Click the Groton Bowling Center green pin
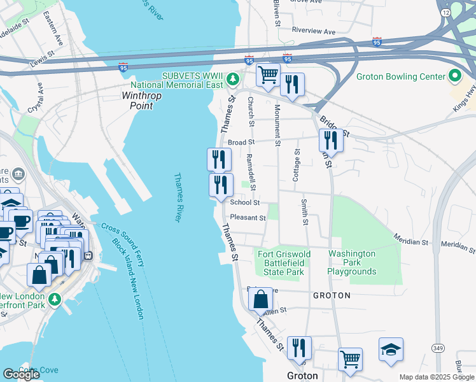[454, 76]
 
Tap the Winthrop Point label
[142, 101]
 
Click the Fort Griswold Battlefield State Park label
[284, 263]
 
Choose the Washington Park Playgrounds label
[351, 262]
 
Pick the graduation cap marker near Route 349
[391, 350]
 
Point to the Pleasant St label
[248, 218]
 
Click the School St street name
[245, 202]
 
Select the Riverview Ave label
[313, 31]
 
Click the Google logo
[21, 374]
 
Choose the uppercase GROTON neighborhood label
[332, 296]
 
